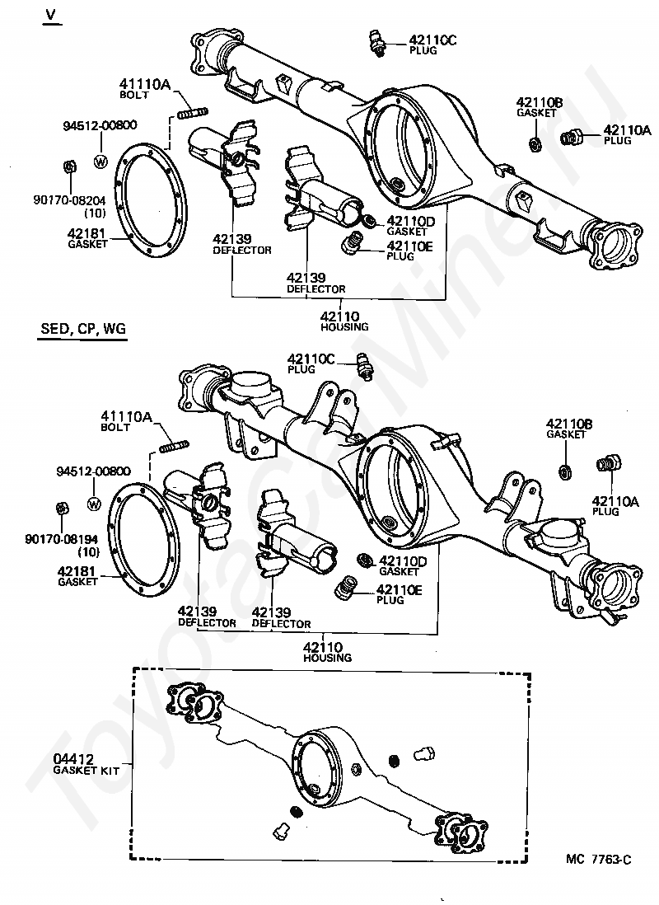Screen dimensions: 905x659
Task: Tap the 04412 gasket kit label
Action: click(x=74, y=759)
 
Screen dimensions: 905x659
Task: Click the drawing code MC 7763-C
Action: click(x=598, y=860)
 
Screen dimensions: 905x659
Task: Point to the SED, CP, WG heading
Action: click(x=83, y=329)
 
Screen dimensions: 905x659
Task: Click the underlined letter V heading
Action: click(x=52, y=15)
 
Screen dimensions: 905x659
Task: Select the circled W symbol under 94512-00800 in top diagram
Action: click(x=100, y=162)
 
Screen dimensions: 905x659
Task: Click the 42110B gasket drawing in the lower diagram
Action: click(x=566, y=471)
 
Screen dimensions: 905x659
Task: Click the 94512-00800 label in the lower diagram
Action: click(x=94, y=471)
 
